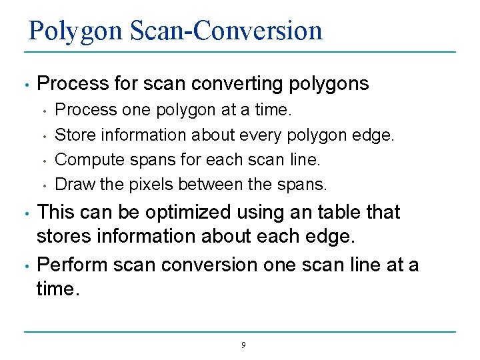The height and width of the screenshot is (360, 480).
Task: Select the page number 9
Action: [243, 345]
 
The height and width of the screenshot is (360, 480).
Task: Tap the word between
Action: [208, 183]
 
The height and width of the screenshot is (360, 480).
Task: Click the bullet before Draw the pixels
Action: [43, 185]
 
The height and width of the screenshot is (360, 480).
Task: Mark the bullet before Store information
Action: [43, 136]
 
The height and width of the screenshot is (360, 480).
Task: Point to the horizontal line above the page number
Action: [240, 332]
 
